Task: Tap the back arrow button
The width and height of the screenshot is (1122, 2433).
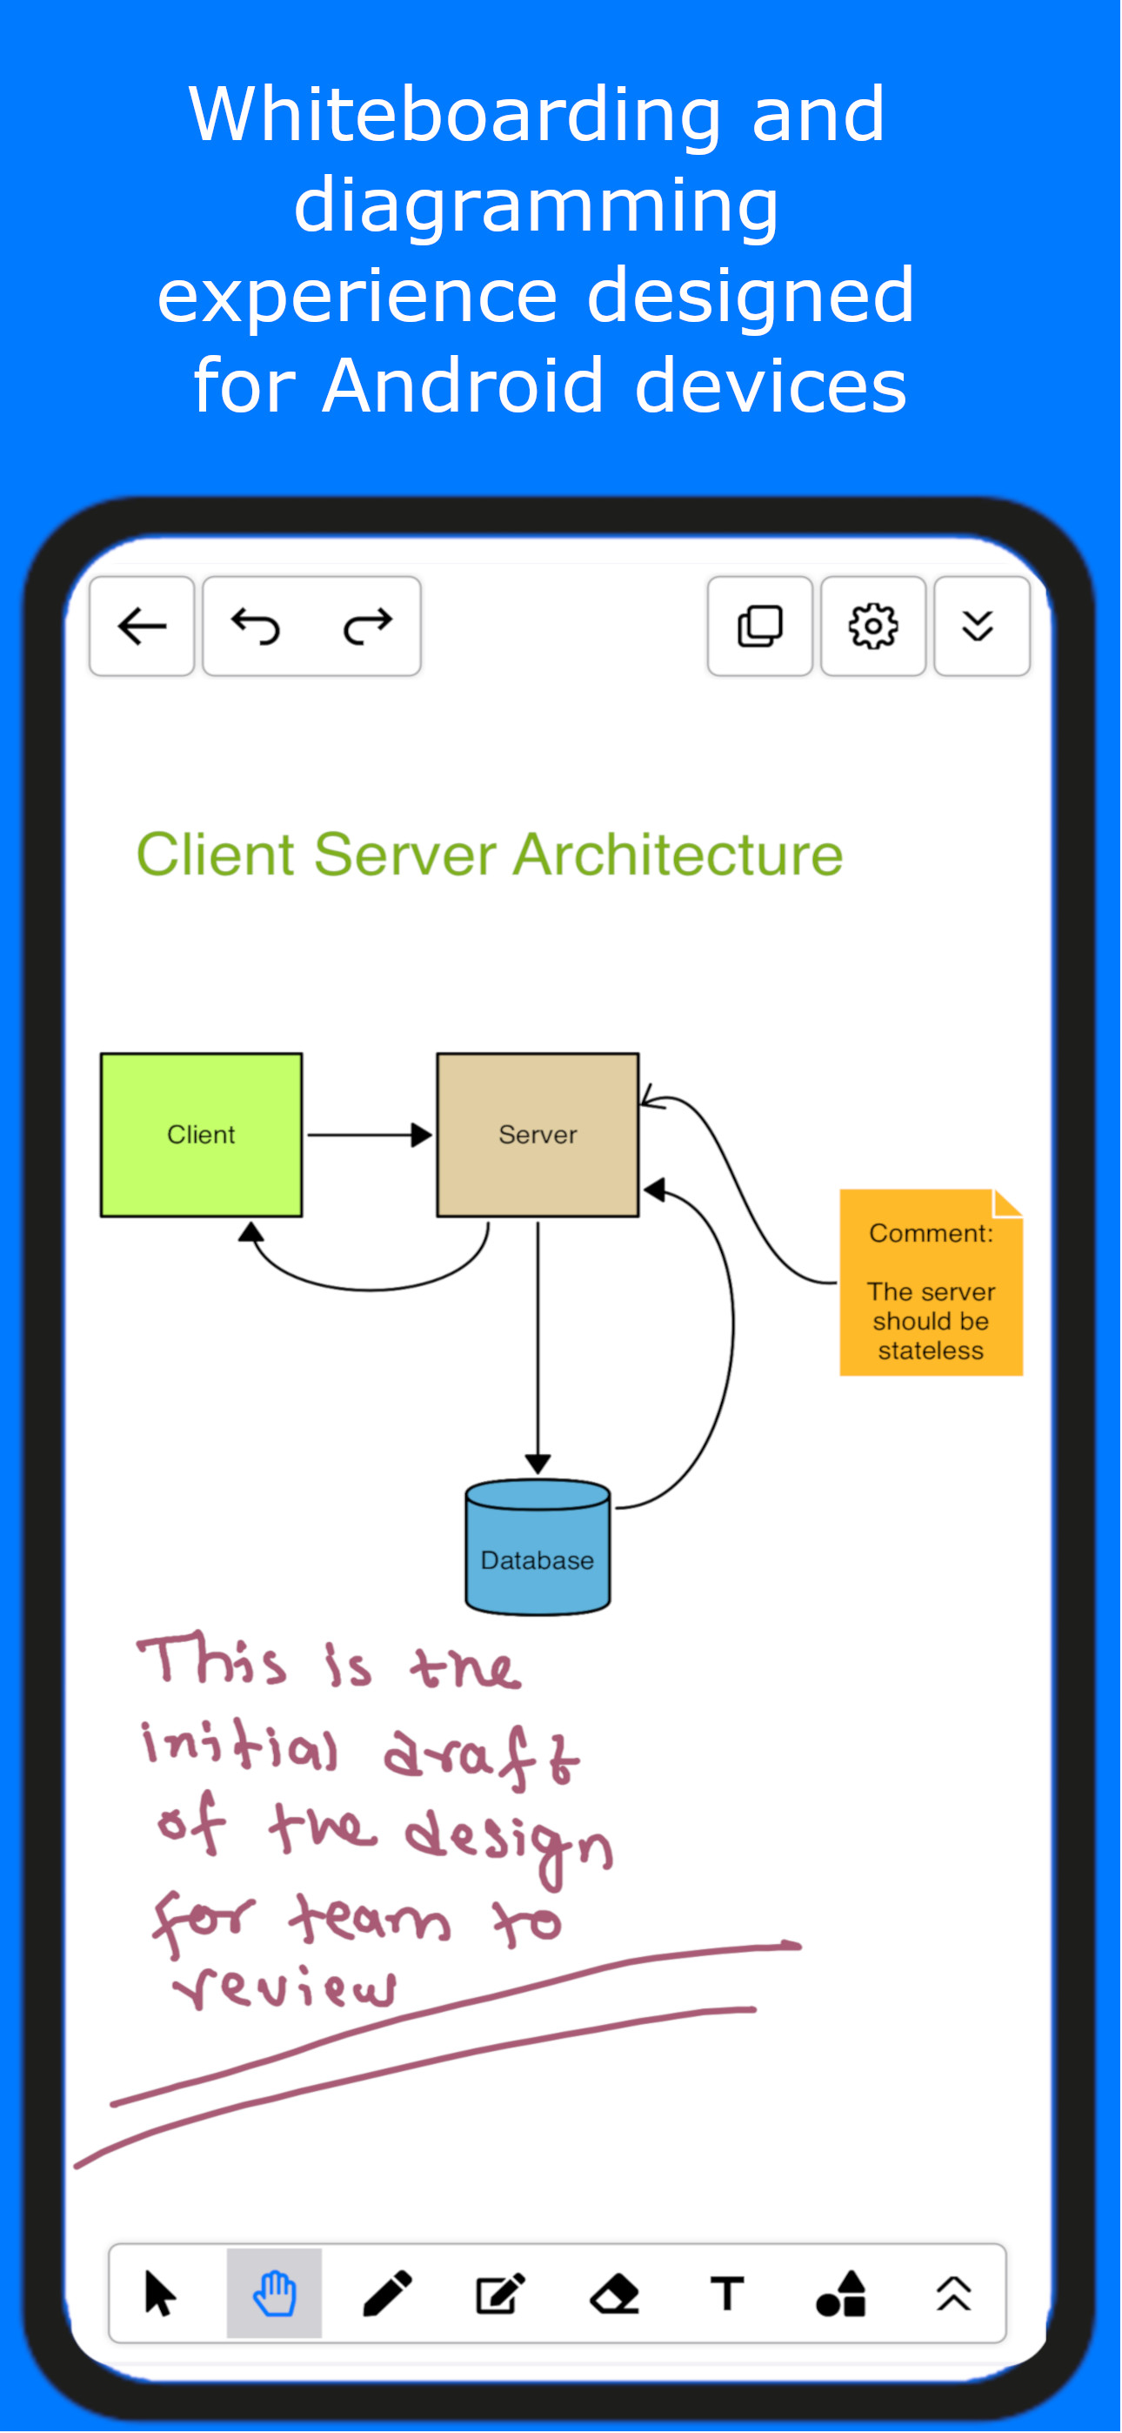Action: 143,627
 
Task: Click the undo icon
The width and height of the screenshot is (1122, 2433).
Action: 256,627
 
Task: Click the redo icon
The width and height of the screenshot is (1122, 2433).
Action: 367,627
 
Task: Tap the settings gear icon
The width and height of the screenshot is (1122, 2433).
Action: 873,627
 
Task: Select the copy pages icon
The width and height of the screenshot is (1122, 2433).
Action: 760,627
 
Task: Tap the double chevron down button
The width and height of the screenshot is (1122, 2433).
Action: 978,627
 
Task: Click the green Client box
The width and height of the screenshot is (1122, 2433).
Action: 201,1136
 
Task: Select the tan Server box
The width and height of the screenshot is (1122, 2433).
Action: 538,1136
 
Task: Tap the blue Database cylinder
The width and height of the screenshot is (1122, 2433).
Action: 538,1547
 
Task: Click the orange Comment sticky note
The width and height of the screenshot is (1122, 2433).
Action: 932,1283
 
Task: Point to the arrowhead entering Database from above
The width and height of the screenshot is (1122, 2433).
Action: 538,1464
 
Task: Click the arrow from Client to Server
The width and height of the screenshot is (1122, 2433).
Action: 370,1136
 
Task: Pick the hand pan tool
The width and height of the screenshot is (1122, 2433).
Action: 275,2293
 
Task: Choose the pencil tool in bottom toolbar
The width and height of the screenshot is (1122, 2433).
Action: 387,2293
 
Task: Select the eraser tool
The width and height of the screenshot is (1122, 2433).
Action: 614,2293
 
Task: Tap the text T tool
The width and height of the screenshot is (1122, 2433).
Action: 727,2293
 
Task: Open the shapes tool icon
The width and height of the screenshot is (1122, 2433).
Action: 840,2293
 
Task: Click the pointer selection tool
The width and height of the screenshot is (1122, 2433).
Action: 161,2293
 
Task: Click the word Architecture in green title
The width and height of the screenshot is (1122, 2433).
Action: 678,855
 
